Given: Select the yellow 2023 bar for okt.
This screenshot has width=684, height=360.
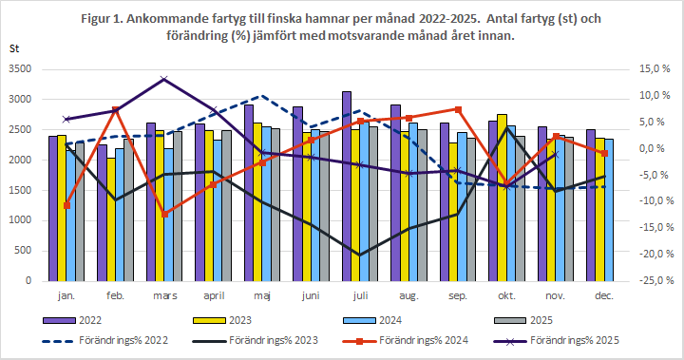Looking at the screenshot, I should [503, 199].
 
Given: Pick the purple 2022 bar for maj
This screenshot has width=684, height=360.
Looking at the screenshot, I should [249, 194].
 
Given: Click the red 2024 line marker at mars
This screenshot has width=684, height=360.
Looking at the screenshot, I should [164, 214].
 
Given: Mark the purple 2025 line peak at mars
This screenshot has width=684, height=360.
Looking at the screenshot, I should [164, 79].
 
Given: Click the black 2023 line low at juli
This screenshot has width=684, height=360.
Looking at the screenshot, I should [359, 255].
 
